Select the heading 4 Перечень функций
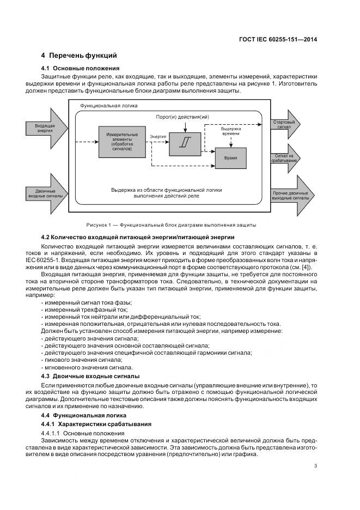pyautogui.click(x=79, y=56)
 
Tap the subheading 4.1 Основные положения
pyautogui.click(x=80, y=68)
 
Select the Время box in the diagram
pyautogui.click(x=230, y=157)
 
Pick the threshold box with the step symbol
pyautogui.click(x=186, y=143)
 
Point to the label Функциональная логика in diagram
pyautogui.click(x=109, y=105)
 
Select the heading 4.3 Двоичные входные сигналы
pyautogui.click(x=90, y=376)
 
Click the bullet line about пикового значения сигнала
pyautogui.click(x=82, y=360)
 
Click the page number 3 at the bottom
pyautogui.click(x=316, y=465)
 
